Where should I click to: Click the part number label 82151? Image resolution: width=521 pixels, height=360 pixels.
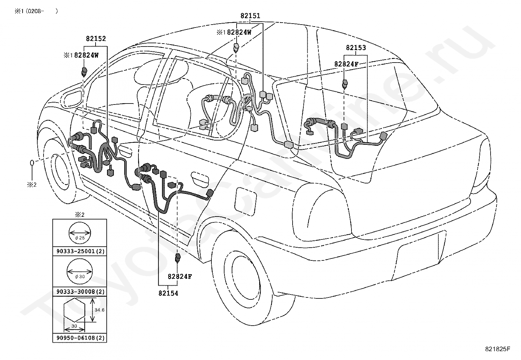click(x=250, y=16)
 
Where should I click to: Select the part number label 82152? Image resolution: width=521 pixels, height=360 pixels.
click(x=96, y=39)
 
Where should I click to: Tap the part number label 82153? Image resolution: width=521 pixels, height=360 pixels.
click(x=356, y=48)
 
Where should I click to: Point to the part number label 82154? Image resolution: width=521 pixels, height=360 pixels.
click(x=168, y=293)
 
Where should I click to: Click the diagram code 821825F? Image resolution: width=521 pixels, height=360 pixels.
click(x=497, y=349)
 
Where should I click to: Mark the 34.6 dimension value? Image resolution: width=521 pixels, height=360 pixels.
click(x=99, y=310)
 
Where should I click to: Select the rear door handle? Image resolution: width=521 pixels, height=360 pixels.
click(x=200, y=179)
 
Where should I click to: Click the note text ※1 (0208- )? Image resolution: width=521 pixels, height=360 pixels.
click(x=36, y=11)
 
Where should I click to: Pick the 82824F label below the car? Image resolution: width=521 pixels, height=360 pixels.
click(x=180, y=276)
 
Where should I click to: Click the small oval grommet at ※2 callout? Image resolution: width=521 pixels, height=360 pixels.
click(x=32, y=163)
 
